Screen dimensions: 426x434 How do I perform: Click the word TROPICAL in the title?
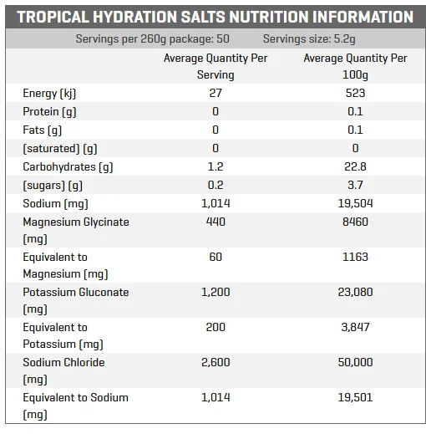tap(53, 17)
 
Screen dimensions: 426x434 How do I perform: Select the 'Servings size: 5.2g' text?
tap(309, 39)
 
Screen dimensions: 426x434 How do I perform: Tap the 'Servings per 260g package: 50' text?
tap(153, 39)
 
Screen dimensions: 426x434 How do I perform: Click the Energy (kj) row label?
tap(49, 94)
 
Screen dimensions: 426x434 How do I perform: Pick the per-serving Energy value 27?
tap(216, 93)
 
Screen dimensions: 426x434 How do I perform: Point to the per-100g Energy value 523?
tap(355, 93)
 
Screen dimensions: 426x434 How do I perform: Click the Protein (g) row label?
tap(49, 112)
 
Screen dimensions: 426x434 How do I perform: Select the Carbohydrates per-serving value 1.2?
tap(216, 166)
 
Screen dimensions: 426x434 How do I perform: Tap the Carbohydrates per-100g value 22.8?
tap(355, 166)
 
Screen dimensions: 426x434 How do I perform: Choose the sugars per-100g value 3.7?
tap(355, 185)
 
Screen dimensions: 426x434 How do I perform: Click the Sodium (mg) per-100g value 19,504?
tap(355, 203)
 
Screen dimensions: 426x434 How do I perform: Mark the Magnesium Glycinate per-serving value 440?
tap(216, 222)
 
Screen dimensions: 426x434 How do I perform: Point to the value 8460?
tap(355, 222)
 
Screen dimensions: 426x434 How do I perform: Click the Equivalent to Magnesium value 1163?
tap(355, 257)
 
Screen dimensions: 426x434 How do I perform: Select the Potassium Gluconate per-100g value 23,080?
tap(355, 292)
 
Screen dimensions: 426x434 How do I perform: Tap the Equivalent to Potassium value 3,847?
tap(355, 327)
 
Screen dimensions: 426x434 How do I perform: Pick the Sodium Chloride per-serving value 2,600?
tap(216, 362)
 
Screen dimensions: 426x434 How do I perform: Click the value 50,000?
tap(355, 362)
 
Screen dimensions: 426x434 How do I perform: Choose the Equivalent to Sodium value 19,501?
tap(355, 397)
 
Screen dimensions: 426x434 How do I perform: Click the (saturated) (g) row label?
tap(60, 149)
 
